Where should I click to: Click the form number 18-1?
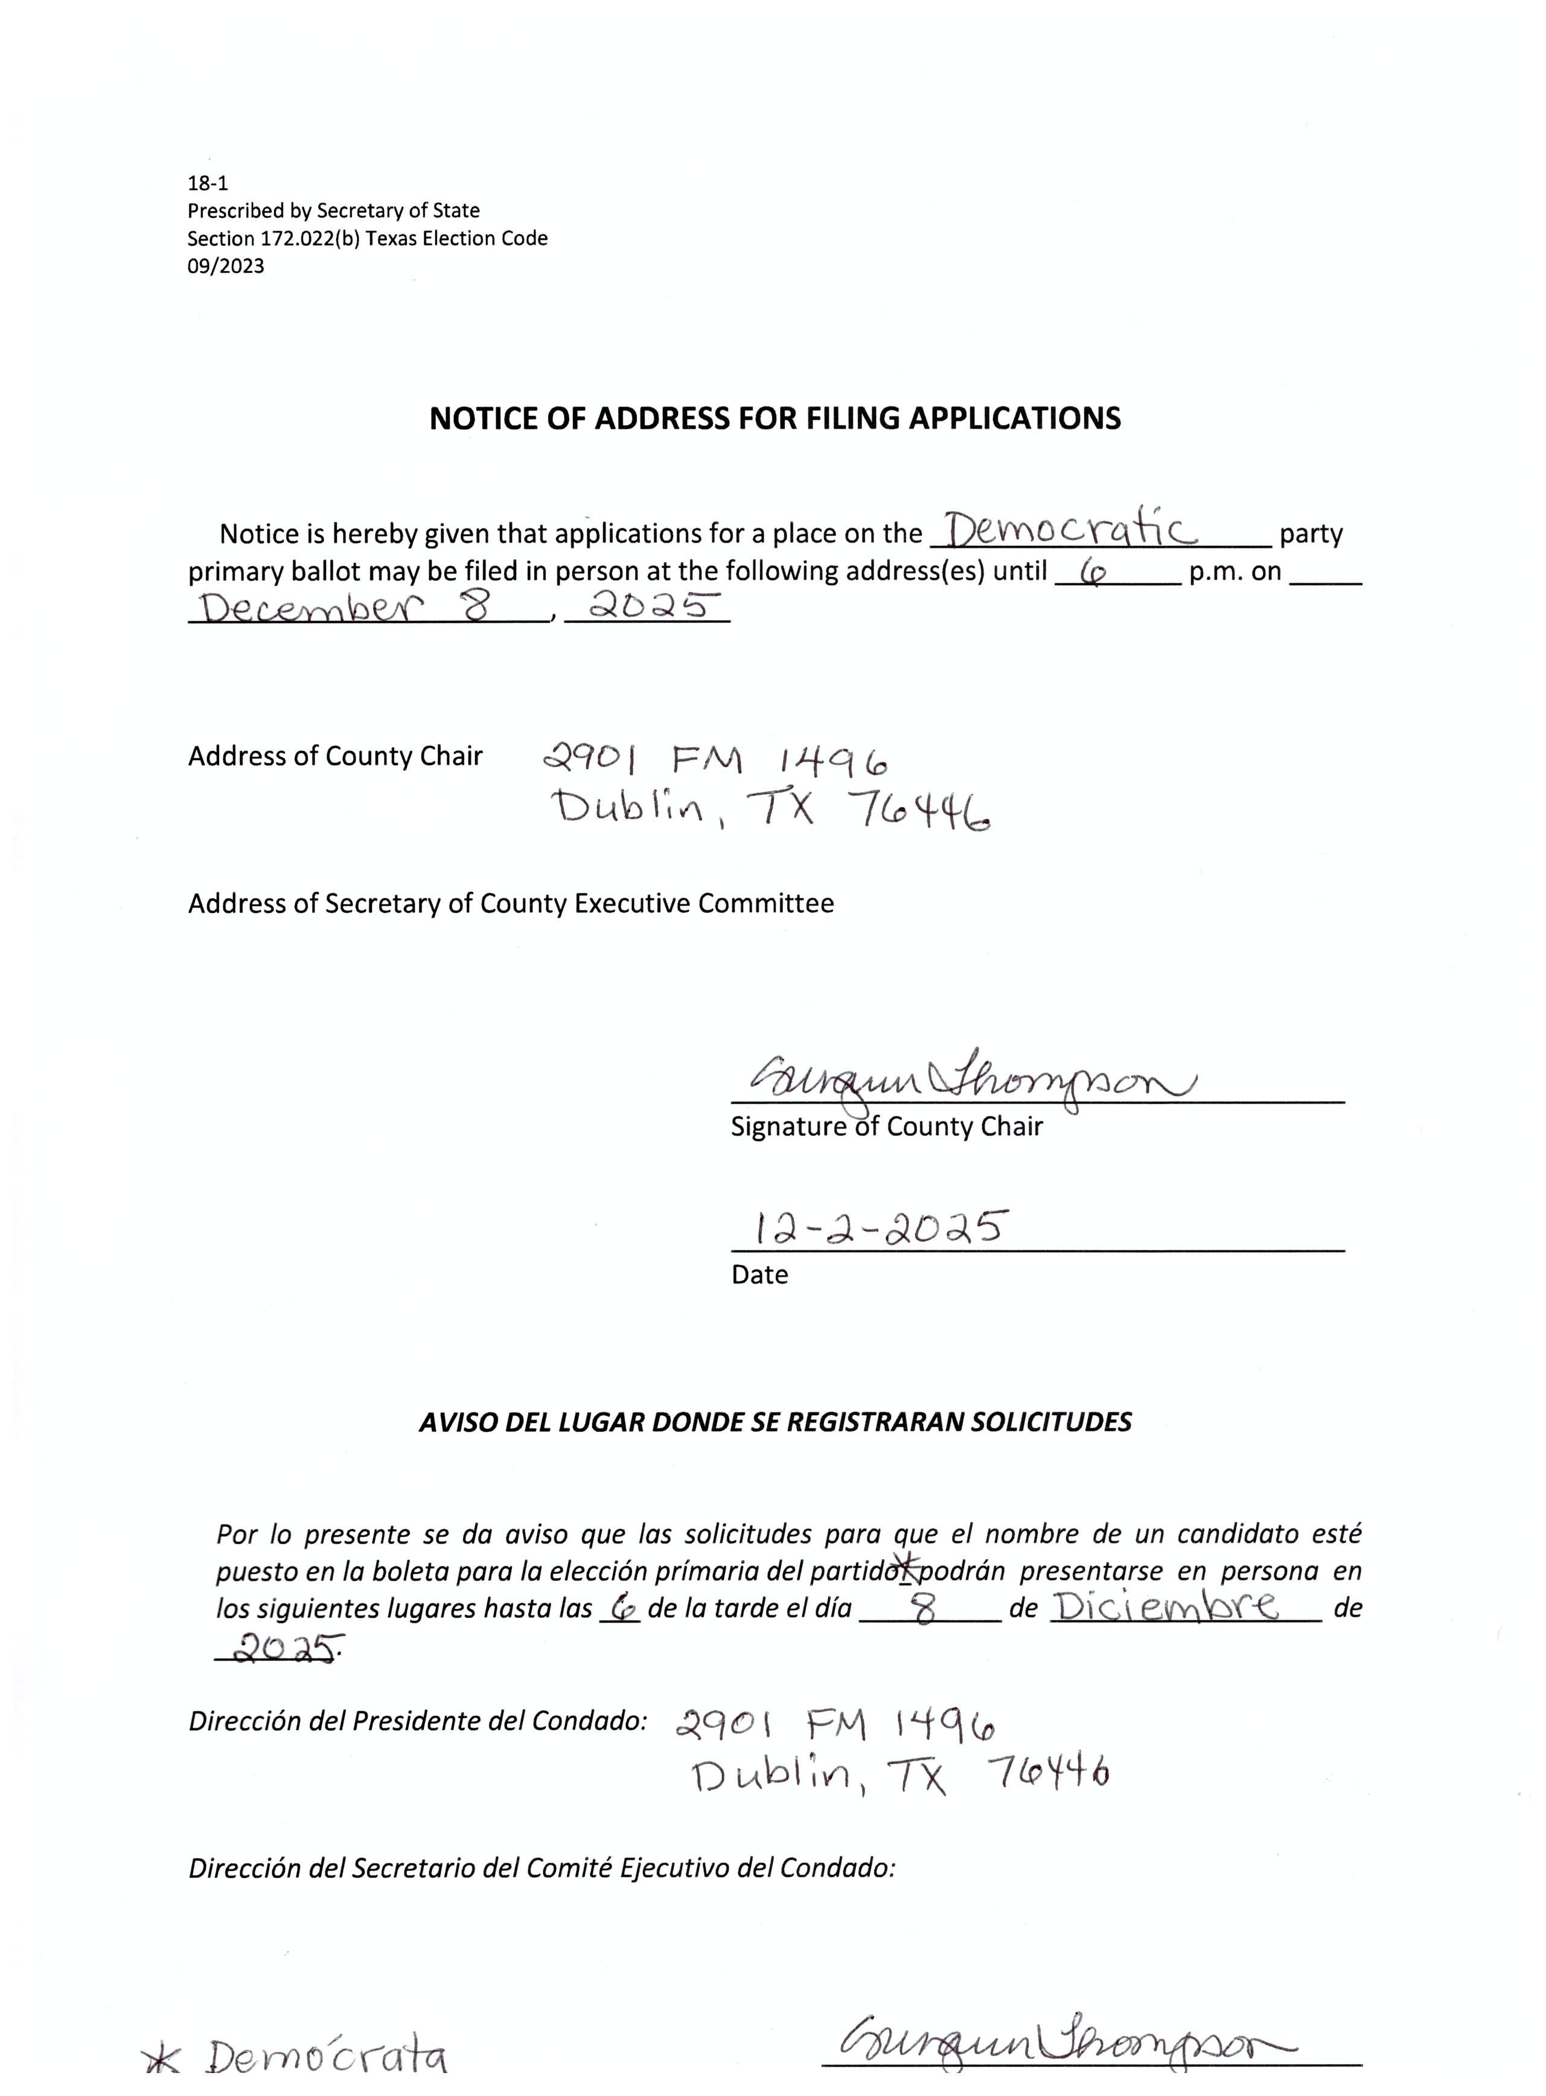point(207,184)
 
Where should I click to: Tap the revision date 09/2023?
point(226,267)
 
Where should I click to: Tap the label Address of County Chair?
point(335,756)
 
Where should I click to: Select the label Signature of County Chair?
point(886,1126)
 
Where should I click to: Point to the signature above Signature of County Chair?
point(973,1084)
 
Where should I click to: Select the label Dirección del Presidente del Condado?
point(417,1721)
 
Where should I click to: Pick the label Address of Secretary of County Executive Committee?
point(511,904)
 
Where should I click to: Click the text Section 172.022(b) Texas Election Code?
point(367,238)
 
